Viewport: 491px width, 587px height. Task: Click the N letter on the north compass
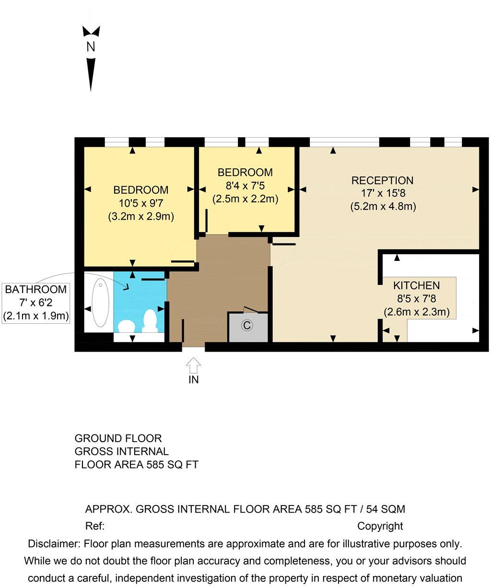click(91, 47)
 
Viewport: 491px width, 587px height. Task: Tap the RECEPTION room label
click(382, 180)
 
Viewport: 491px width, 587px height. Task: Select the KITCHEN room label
click(416, 285)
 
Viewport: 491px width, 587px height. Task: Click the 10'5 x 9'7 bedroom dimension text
click(141, 203)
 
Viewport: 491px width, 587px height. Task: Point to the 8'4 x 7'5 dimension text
click(245, 186)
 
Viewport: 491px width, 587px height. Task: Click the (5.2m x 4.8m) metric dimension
click(383, 207)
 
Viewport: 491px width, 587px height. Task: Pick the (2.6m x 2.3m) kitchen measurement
click(417, 312)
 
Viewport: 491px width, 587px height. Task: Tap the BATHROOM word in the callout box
click(35, 289)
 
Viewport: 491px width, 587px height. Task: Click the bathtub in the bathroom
click(100, 303)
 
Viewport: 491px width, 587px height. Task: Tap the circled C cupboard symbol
click(247, 325)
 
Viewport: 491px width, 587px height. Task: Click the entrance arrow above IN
click(193, 365)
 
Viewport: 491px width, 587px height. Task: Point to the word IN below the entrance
click(194, 380)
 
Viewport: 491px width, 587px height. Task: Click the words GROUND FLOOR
click(118, 438)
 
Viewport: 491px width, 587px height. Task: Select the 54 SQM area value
click(386, 509)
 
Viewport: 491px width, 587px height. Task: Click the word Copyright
click(380, 526)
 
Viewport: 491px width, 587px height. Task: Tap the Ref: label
click(95, 526)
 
